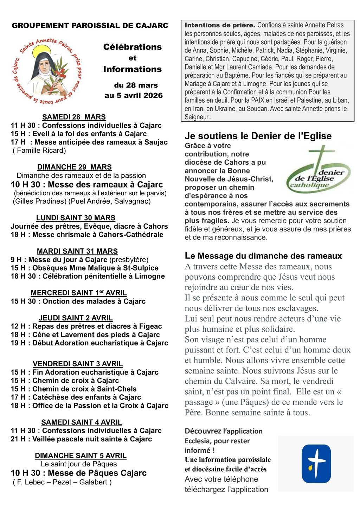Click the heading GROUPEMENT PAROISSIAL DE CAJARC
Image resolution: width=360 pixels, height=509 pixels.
pyautogui.click(x=90, y=26)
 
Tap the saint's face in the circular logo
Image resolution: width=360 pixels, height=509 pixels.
pyautogui.click(x=45, y=66)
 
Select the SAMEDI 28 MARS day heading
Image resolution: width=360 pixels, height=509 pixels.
pyautogui.click(x=74, y=117)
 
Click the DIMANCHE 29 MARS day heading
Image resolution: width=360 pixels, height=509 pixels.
pyautogui.click(x=75, y=167)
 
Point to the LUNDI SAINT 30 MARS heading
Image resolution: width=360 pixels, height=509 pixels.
pyautogui.click(x=76, y=218)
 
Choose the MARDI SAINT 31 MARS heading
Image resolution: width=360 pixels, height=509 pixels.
pyautogui.click(x=77, y=251)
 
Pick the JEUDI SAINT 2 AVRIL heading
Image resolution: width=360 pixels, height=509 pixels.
pyautogui.click(x=76, y=318)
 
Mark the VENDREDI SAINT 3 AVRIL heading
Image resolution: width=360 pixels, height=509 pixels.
pyautogui.click(x=78, y=364)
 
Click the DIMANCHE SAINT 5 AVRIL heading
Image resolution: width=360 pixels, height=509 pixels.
pyautogui.click(x=81, y=456)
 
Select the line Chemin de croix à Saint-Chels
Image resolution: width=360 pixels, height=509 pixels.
pyautogui.click(x=73, y=389)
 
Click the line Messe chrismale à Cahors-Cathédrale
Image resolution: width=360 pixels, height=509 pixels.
pyautogui.click(x=87, y=235)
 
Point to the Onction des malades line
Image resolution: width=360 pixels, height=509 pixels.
pyautogui.click(x=78, y=301)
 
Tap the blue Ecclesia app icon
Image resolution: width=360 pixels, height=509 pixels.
pyautogui.click(x=316, y=464)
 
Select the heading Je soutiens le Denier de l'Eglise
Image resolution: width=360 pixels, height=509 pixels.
pyautogui.click(x=258, y=136)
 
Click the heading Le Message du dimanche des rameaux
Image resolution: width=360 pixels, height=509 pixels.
pyautogui.click(x=263, y=256)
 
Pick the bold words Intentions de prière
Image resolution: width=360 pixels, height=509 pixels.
pyautogui.click(x=220, y=25)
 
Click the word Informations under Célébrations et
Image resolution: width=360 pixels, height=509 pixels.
pyautogui.click(x=133, y=69)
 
